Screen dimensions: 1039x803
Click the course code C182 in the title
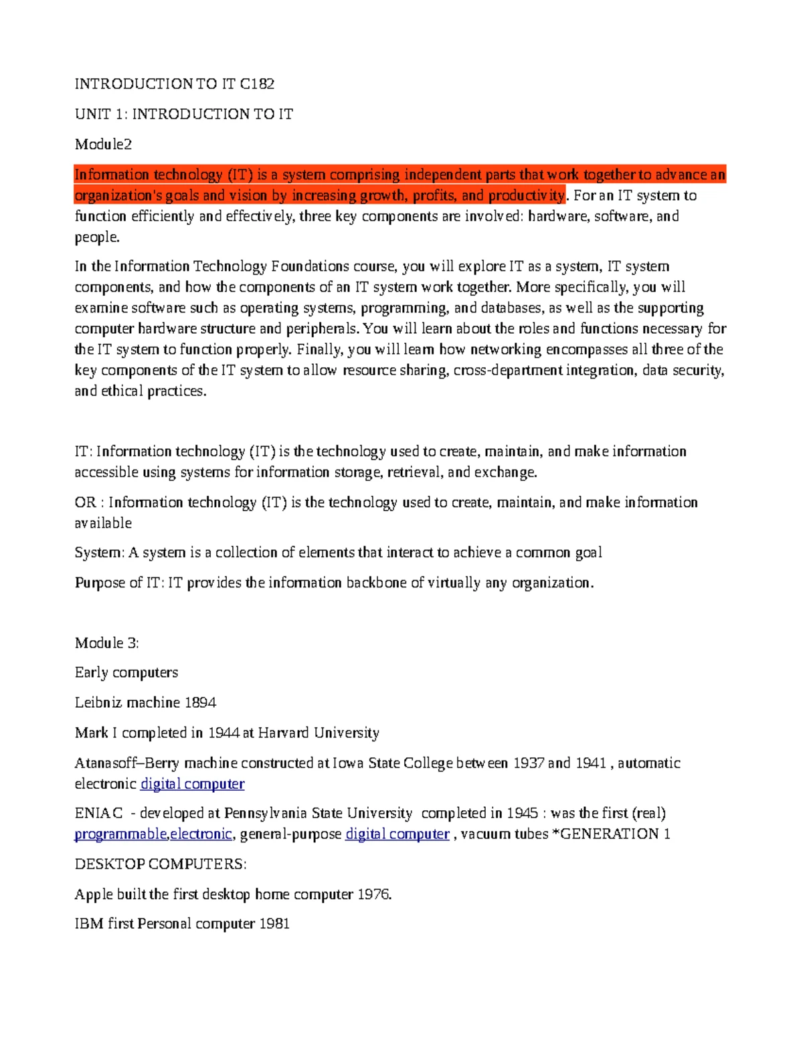click(257, 84)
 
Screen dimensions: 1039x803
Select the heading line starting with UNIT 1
click(183, 114)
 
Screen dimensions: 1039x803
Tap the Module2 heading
click(103, 144)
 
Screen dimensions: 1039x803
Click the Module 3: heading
click(106, 643)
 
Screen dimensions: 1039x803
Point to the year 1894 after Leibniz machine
click(200, 702)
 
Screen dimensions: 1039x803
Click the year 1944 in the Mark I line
click(224, 733)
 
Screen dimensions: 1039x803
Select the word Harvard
click(283, 733)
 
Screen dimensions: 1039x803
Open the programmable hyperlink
click(120, 834)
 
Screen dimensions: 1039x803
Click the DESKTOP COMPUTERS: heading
click(161, 864)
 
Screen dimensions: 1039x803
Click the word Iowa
click(348, 763)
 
